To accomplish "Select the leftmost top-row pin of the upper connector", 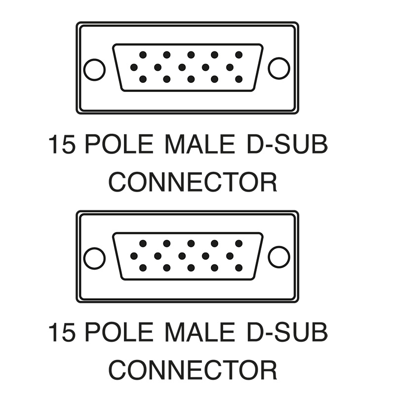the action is tap(143, 55).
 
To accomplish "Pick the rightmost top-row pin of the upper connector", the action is tap(238, 55).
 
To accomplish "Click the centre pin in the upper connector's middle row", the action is tap(182, 67).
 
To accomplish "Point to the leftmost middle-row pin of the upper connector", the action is tap(134, 67).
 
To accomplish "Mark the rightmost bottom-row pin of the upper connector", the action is tap(238, 79).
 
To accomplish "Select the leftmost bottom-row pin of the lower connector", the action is tap(143, 268).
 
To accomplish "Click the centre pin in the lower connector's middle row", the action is tap(182, 256).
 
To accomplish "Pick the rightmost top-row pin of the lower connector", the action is tap(238, 243).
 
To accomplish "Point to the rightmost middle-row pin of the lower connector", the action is tap(230, 256).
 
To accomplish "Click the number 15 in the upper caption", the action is tap(62, 144).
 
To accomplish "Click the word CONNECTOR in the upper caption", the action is tap(193, 182).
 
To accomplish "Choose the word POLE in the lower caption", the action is tap(119, 332).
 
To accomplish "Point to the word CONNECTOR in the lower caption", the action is tap(193, 370).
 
